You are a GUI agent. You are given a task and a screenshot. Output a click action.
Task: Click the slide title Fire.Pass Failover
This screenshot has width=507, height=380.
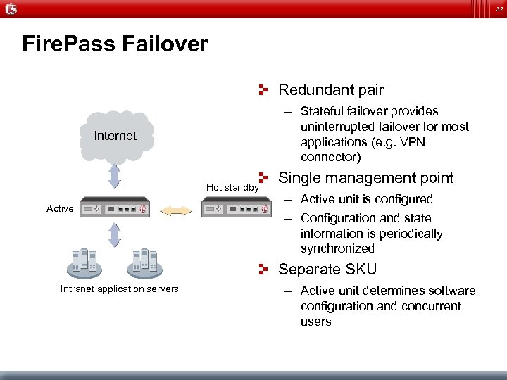pyautogui.click(x=115, y=44)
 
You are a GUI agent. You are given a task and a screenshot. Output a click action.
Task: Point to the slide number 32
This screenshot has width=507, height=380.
pyautogui.click(x=497, y=8)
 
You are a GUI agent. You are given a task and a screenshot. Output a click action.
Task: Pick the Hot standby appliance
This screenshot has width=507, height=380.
pyautogui.click(x=236, y=209)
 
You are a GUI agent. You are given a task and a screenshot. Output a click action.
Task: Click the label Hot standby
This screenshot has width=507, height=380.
pyautogui.click(x=232, y=188)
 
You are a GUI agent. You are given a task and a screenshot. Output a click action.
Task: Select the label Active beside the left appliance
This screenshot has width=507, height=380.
pyautogui.click(x=60, y=208)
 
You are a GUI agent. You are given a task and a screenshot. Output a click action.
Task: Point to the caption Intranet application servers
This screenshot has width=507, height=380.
pyautogui.click(x=120, y=289)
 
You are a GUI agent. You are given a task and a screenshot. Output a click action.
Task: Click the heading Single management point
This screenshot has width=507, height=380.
pyautogui.click(x=366, y=178)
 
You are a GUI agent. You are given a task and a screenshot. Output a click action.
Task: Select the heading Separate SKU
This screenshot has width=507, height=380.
pyautogui.click(x=327, y=270)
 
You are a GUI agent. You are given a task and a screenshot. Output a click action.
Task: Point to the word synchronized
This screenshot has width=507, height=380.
pyautogui.click(x=337, y=248)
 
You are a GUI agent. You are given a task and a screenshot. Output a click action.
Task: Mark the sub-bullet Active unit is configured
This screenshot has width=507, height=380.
pyautogui.click(x=366, y=199)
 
